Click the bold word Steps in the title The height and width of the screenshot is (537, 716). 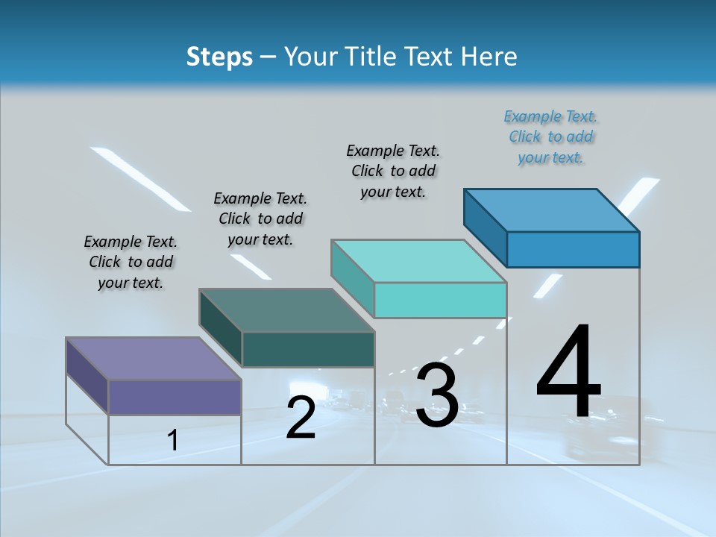[219, 57]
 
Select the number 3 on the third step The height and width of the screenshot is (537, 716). [436, 395]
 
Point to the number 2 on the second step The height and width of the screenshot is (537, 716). [301, 417]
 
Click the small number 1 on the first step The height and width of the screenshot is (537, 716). [173, 441]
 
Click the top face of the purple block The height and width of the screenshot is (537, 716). [154, 359]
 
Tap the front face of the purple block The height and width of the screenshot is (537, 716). [175, 397]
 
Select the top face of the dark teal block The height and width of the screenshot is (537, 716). [286, 310]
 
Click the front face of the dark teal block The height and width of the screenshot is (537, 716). [308, 349]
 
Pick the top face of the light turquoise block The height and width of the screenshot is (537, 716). [419, 261]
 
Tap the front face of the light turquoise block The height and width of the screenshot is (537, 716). [440, 300]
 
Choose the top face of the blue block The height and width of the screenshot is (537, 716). [552, 210]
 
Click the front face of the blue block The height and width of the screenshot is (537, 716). [573, 249]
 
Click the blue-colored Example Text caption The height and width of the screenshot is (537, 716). [550, 137]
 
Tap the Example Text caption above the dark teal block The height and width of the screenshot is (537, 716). [260, 219]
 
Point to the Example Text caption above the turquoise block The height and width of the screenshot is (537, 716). [393, 172]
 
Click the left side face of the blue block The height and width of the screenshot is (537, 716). [486, 227]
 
